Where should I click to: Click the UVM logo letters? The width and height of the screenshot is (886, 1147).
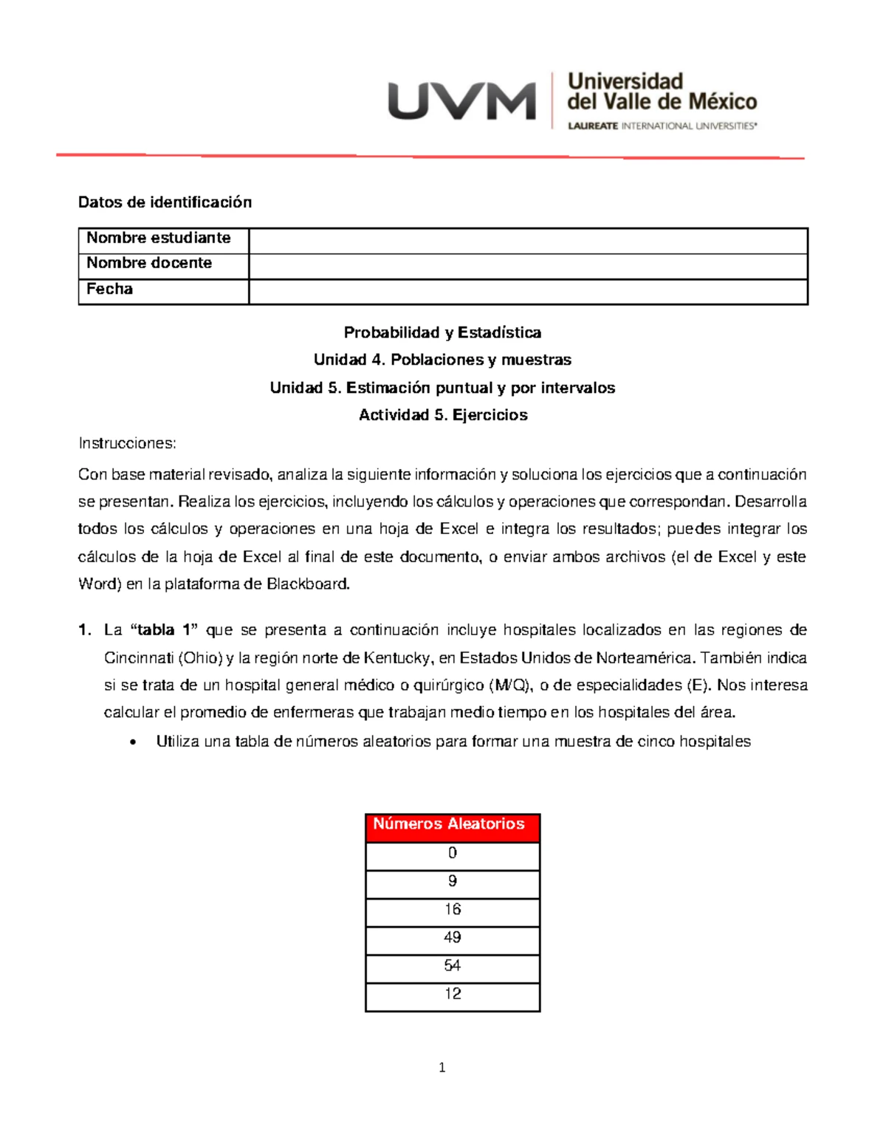tap(462, 101)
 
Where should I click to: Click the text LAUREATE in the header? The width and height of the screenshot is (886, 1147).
tap(593, 126)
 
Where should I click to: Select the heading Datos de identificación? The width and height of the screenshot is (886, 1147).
tap(165, 202)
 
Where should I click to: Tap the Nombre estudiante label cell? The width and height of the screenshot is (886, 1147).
tap(159, 239)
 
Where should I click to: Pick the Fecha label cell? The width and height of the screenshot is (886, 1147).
tap(110, 290)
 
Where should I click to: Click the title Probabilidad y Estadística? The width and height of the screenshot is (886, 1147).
tap(442, 332)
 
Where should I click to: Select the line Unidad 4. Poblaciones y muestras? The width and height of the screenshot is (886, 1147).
tap(442, 360)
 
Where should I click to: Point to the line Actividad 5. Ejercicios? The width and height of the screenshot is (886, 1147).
tap(442, 415)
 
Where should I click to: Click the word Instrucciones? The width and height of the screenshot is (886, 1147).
tap(127, 443)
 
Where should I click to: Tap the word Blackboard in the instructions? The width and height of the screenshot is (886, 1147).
tap(307, 584)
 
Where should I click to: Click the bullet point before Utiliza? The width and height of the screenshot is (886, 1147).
tap(133, 743)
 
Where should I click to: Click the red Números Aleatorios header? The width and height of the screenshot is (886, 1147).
tap(452, 825)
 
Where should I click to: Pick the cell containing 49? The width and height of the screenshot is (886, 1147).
tap(452, 938)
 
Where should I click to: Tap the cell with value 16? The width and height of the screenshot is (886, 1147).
tap(452, 910)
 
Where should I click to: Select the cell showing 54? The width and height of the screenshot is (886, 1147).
tap(452, 966)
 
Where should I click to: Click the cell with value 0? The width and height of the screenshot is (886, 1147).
tap(452, 854)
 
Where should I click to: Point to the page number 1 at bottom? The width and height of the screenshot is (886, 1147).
tap(442, 1067)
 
